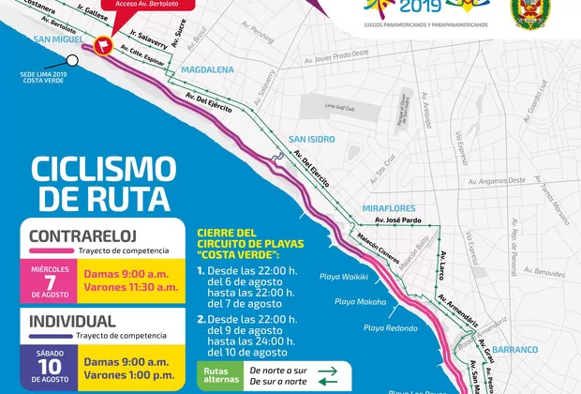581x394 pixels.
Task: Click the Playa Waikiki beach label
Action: [x=345, y=277]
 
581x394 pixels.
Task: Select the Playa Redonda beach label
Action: [x=389, y=327]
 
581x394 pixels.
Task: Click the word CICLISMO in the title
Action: [x=103, y=169]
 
